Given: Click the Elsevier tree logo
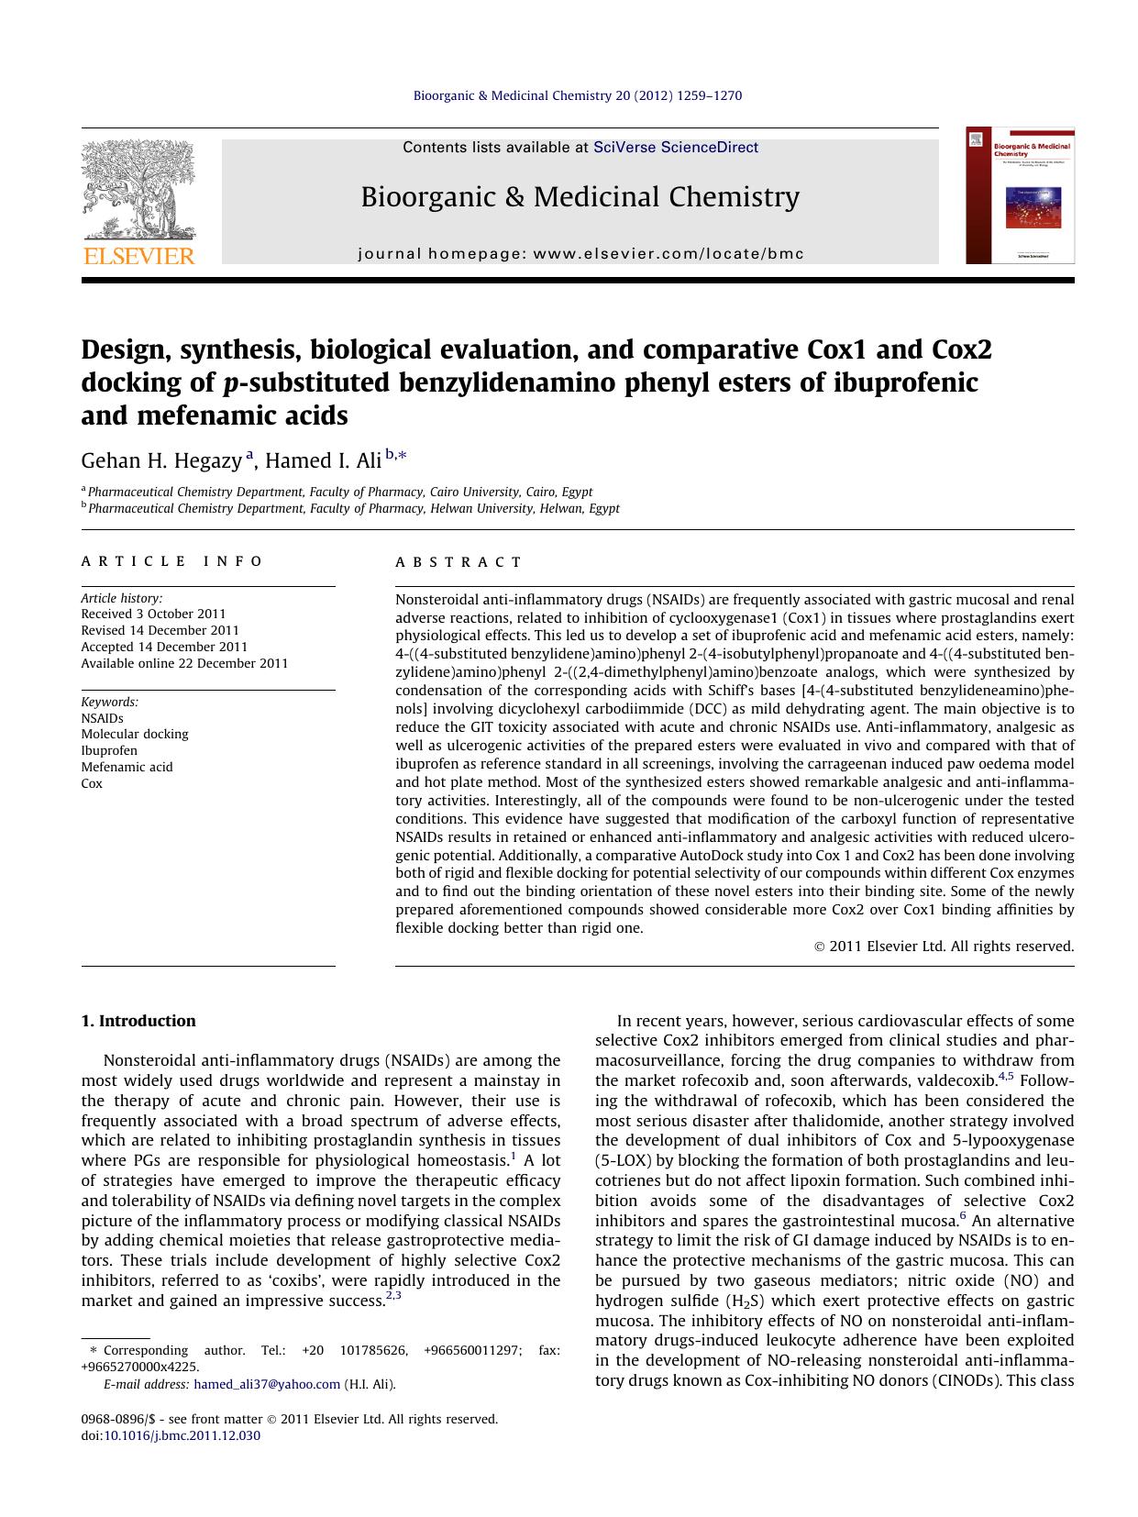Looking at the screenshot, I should click(138, 189).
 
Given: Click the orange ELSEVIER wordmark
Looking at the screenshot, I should click(138, 256).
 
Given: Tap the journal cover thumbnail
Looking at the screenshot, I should click(1019, 196).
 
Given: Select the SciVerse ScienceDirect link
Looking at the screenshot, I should click(675, 148).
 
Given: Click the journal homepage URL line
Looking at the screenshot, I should click(580, 254).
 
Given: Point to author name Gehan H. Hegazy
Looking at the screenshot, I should click(161, 460).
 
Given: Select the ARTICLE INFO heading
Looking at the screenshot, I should click(171, 561).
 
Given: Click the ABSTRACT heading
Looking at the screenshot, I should click(459, 562).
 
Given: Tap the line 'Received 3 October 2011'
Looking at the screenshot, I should click(153, 614).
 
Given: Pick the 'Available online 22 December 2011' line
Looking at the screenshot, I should click(184, 663).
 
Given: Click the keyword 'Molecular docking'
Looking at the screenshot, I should click(134, 734).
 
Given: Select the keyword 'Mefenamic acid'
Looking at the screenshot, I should click(127, 767).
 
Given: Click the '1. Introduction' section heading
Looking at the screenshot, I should click(138, 1021).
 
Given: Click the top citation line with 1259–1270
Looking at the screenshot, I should click(577, 95).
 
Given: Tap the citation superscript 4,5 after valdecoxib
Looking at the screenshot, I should click(1005, 1077).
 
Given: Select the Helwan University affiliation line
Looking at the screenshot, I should click(353, 508).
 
